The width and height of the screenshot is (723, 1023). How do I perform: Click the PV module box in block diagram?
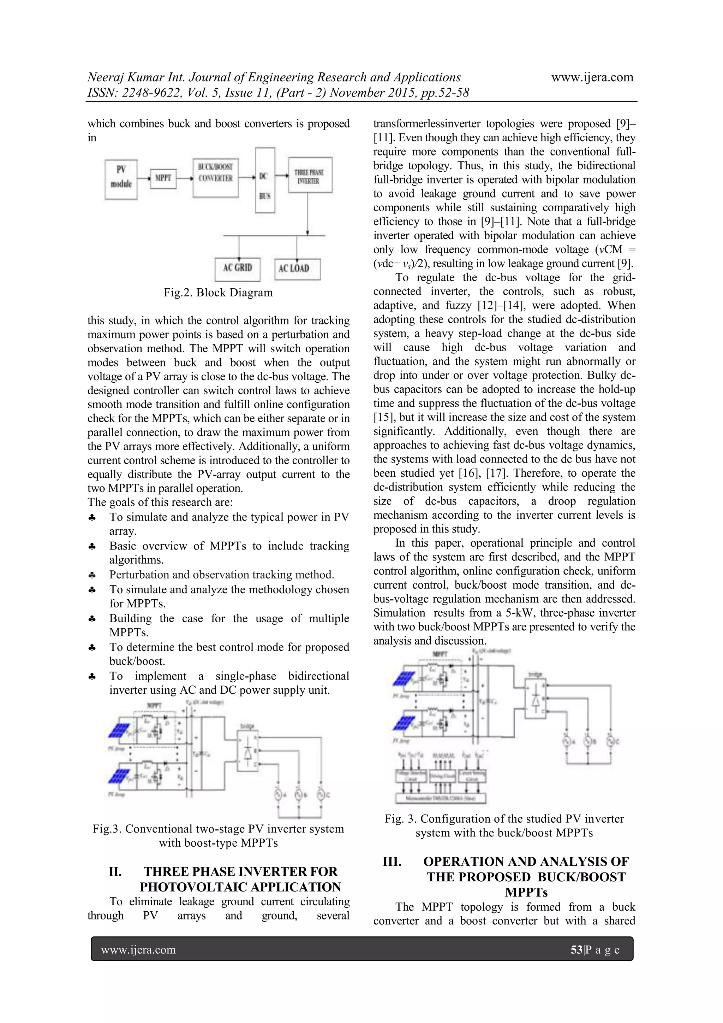(x=121, y=179)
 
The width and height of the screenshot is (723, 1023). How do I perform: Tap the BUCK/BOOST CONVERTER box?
(x=215, y=177)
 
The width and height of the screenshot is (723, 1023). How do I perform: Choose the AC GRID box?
(x=237, y=269)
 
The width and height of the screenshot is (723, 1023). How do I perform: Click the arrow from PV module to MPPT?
(x=144, y=179)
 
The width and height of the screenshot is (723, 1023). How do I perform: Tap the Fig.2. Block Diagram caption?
(x=218, y=293)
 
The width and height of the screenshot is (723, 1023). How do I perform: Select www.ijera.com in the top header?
(x=592, y=77)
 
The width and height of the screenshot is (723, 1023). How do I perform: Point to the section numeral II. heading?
(x=115, y=871)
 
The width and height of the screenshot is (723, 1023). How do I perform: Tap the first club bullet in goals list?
(x=92, y=518)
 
